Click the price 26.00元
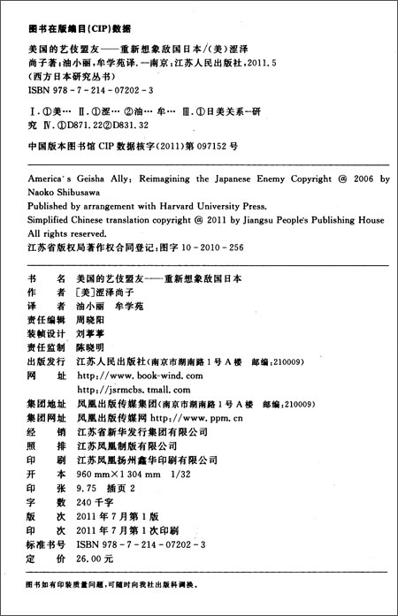pyautogui.click(x=96, y=559)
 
